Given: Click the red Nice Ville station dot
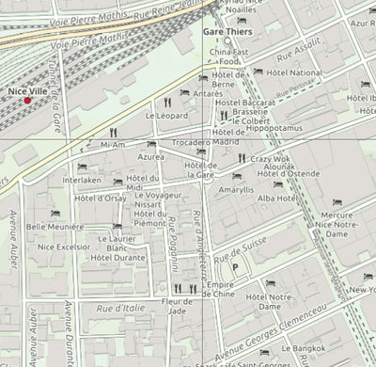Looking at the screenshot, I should pyautogui.click(x=27, y=100).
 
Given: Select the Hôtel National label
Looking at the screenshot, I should pyautogui.click(x=294, y=72).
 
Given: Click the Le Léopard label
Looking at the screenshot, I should pyautogui.click(x=167, y=116).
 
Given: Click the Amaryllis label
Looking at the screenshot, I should pyautogui.click(x=236, y=189).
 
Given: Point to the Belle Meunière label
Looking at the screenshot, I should pyautogui.click(x=55, y=227).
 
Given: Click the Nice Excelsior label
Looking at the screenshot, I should pyautogui.click(x=64, y=247).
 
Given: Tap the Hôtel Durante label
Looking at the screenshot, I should pyautogui.click(x=118, y=257).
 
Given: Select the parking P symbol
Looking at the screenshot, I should pyautogui.click(x=234, y=267).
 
